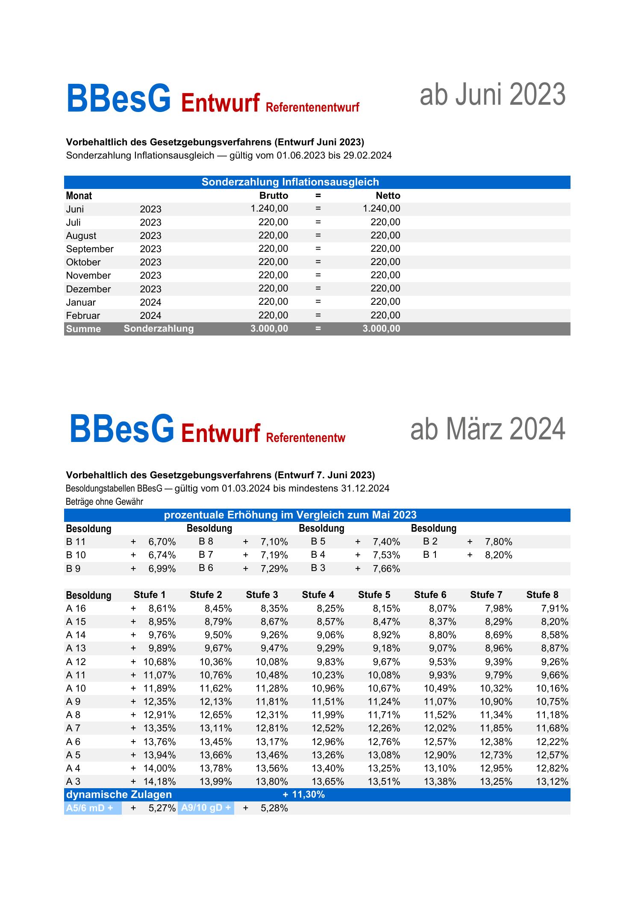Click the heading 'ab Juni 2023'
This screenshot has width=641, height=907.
(492, 95)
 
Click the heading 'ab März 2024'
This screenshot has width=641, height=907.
(488, 430)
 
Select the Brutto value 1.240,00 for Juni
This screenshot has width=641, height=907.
(269, 209)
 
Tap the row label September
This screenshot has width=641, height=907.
(90, 249)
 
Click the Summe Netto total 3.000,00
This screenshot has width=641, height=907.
(381, 329)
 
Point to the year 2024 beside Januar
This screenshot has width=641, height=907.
(150, 302)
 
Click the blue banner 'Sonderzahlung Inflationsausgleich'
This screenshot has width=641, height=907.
(290, 182)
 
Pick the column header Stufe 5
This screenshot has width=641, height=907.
(374, 595)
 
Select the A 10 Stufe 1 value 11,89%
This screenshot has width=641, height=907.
(159, 688)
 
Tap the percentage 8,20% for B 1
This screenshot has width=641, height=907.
(498, 555)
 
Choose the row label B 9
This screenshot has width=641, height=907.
(73, 568)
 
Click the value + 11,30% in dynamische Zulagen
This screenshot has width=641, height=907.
(303, 795)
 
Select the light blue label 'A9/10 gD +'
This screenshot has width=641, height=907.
(206, 808)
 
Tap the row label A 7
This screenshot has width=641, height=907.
(73, 728)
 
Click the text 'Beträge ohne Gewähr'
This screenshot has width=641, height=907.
(104, 501)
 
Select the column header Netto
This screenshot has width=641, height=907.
(388, 196)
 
